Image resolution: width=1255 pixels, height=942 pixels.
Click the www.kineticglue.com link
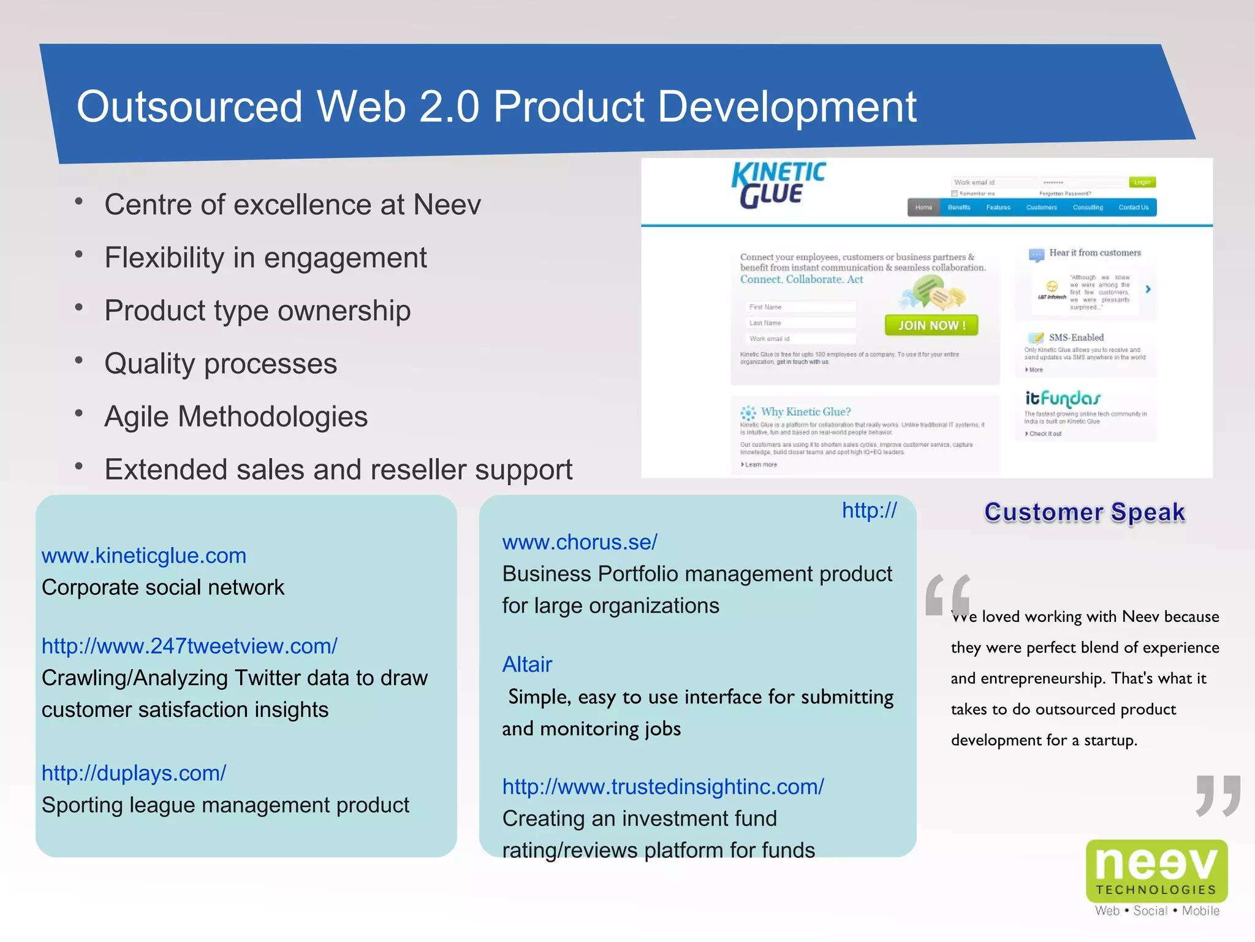point(143,556)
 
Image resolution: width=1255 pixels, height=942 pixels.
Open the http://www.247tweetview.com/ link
point(189,646)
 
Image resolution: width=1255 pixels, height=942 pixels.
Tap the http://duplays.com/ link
point(134,773)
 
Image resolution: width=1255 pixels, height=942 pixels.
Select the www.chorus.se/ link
point(579,542)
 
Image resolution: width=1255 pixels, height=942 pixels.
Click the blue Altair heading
point(527,664)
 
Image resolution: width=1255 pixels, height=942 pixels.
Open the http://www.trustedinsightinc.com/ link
point(663,787)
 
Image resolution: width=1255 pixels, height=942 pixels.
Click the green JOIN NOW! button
point(931,325)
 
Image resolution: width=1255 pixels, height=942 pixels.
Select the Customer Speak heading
point(1085,512)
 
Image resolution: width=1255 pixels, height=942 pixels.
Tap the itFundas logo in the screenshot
point(1063,399)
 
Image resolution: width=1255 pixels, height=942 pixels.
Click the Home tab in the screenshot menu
point(923,207)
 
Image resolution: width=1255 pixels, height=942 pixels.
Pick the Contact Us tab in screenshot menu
point(1133,207)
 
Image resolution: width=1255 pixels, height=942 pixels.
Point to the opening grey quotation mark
point(947,594)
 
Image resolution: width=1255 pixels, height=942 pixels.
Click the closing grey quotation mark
point(1218,795)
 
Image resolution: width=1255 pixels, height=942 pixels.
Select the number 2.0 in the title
point(450,107)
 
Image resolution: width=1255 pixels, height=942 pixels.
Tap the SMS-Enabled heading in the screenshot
point(1075,337)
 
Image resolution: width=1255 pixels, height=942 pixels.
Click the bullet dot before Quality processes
point(78,361)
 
